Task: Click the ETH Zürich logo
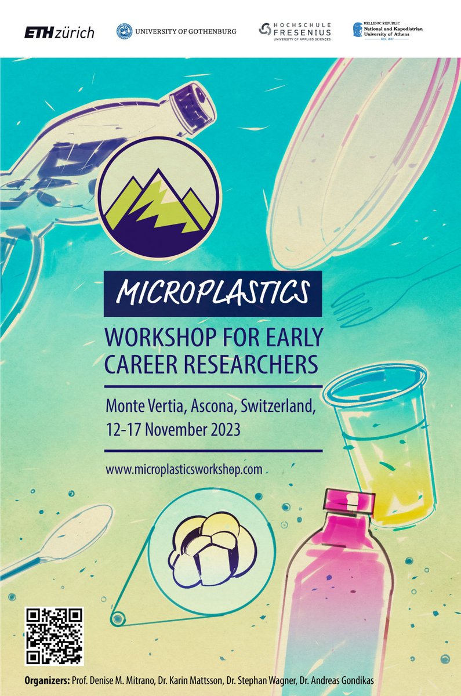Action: tap(59, 32)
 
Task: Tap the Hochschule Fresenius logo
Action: tap(295, 30)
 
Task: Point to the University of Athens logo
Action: tap(388, 30)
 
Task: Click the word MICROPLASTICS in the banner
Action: tap(212, 293)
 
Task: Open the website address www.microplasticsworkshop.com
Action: tap(184, 469)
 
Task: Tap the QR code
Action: tap(55, 636)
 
